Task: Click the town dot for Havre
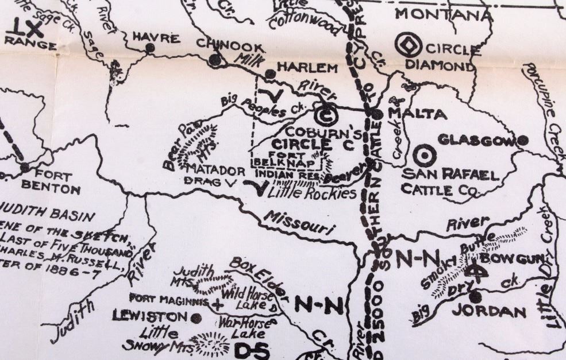coord(150,48)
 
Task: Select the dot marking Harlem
coord(270,74)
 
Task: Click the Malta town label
coord(417,114)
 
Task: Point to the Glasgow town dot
coord(522,140)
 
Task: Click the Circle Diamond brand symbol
coord(412,44)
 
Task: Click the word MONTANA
coord(444,15)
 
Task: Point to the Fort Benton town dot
coord(25,167)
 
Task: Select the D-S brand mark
coord(251,350)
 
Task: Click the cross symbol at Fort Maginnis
coord(217,305)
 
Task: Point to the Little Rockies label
coord(313,193)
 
